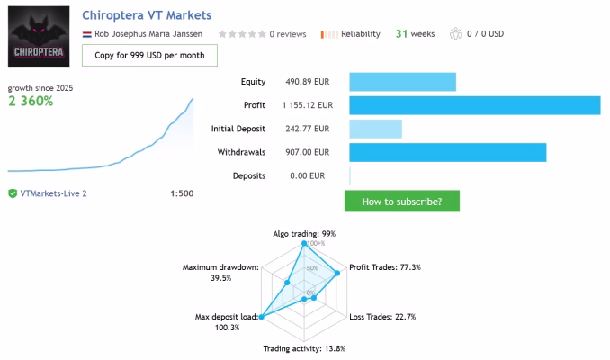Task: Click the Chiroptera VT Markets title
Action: pyautogui.click(x=147, y=15)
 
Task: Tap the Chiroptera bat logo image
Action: pyautogui.click(x=39, y=37)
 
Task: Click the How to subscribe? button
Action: pyautogui.click(x=402, y=202)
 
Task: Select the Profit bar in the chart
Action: pyautogui.click(x=475, y=105)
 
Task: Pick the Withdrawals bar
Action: pyautogui.click(x=448, y=153)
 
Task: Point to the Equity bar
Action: pyautogui.click(x=403, y=82)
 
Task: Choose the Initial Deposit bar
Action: pyautogui.click(x=375, y=129)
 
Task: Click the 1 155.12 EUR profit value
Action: pyautogui.click(x=308, y=105)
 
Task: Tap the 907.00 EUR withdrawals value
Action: pyautogui.click(x=308, y=152)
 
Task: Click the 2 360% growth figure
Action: pyautogui.click(x=31, y=101)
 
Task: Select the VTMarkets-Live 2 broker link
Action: pyautogui.click(x=53, y=193)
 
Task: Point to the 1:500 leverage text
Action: pyautogui.click(x=182, y=193)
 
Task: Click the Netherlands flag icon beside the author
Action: pyautogui.click(x=86, y=34)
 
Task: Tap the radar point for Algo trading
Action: pyautogui.click(x=304, y=243)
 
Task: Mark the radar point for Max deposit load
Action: pyautogui.click(x=262, y=317)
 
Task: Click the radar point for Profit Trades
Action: pyautogui.click(x=337, y=274)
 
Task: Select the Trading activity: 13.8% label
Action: pyautogui.click(x=304, y=348)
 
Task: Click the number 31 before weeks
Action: pyautogui.click(x=401, y=34)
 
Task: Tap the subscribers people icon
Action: pyautogui.click(x=455, y=34)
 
